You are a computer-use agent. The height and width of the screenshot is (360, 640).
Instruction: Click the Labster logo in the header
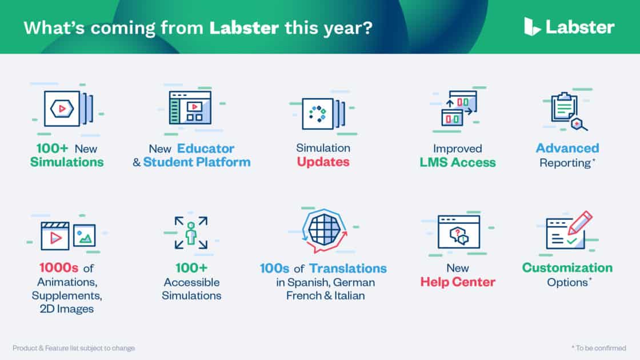coord(569,27)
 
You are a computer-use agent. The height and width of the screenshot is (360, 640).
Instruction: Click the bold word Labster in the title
coord(244,28)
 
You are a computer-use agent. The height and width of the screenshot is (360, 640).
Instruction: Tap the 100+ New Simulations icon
coord(68,109)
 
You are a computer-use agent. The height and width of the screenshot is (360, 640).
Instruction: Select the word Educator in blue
coord(206,148)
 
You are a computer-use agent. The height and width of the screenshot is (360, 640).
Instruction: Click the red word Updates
coord(323,162)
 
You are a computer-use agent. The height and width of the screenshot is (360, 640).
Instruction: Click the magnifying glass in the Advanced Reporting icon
coord(579,124)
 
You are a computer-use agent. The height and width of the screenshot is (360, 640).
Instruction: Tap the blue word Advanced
coord(567,148)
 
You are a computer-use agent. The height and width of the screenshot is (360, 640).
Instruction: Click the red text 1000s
coord(58,268)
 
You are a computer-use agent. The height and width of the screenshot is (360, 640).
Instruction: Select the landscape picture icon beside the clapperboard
coord(85,235)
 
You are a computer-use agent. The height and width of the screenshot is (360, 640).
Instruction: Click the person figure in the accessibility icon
coord(191,234)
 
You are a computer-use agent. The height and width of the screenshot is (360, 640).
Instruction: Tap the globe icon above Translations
coord(325,229)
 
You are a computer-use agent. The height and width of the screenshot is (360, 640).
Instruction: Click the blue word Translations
coord(348,268)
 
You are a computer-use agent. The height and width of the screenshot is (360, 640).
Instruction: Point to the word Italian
coord(349,295)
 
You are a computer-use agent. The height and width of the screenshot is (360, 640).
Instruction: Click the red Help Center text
coord(458,282)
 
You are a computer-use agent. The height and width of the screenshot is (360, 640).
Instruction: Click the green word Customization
coord(567,267)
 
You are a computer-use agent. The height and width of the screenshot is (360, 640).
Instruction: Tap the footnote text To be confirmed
coord(599,348)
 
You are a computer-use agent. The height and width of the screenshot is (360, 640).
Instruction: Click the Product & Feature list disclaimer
coord(74,348)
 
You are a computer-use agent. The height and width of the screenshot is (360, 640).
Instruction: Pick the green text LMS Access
coord(458,162)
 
